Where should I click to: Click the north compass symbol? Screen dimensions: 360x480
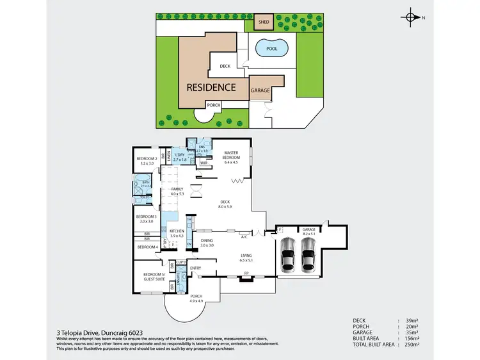410,18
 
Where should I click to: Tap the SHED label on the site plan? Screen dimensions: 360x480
262,22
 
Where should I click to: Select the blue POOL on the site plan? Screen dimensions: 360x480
271,49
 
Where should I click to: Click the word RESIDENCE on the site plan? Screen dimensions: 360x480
211,87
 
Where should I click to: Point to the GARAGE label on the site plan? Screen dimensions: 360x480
260,91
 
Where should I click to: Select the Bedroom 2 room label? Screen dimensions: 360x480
148,161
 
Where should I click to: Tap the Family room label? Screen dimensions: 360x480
177,191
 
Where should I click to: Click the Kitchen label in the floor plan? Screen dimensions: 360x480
176,233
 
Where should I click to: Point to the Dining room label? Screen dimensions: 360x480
207,243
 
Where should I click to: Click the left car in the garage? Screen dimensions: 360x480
288,256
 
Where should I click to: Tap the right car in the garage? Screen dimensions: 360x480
308,256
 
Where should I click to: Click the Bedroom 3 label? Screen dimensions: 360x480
147,218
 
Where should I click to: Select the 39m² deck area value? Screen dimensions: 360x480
412,320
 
